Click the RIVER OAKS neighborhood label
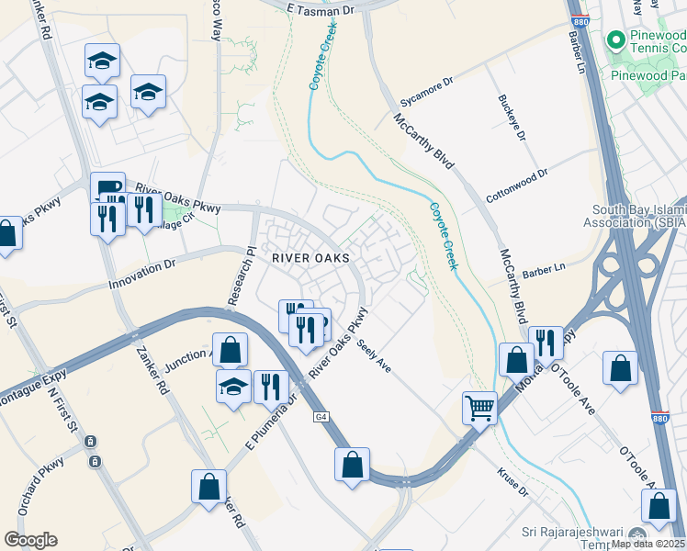311,258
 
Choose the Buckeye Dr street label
511,117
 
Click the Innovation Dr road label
141,274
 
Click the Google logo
30,540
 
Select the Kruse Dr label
512,485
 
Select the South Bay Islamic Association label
634,216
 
